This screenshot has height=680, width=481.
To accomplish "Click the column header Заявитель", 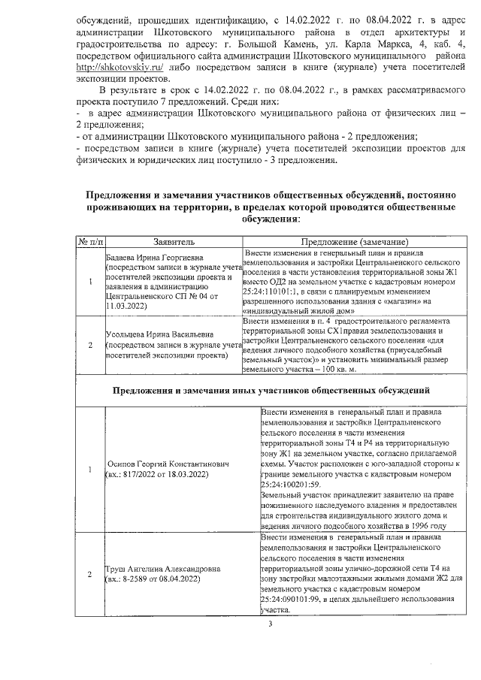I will (174, 243).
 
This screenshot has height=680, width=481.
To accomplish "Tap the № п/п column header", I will (90, 243).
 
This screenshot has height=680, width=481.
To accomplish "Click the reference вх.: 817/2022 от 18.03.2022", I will (156, 476).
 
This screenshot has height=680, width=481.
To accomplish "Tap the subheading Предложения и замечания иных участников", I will (271, 391).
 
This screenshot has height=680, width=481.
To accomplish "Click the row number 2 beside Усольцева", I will (90, 346).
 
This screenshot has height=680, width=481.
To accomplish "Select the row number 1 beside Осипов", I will (90, 470).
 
